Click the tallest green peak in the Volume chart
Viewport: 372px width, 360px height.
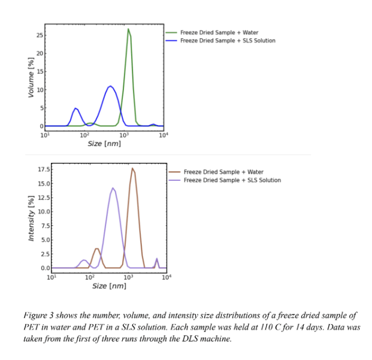point(128,29)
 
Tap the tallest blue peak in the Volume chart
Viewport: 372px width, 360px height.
point(110,87)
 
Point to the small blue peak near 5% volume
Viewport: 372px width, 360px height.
point(75,109)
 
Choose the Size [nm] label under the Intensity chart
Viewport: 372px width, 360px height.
point(109,286)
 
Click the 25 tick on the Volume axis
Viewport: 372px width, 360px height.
point(40,36)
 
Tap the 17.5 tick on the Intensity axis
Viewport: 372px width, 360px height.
point(44,170)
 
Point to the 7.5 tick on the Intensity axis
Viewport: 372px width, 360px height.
point(46,226)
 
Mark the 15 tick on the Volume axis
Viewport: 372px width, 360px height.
point(40,72)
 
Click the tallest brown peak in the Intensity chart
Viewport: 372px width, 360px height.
point(132,169)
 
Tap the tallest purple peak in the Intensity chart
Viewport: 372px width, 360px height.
point(113,189)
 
